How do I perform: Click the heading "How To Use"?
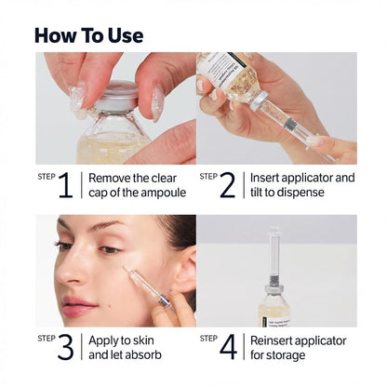click(88, 35)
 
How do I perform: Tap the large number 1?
click(64, 184)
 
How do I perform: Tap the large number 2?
click(228, 184)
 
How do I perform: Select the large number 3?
click(64, 347)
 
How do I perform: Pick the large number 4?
click(228, 347)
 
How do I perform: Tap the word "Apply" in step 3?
click(107, 340)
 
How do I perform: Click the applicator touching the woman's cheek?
click(144, 287)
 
